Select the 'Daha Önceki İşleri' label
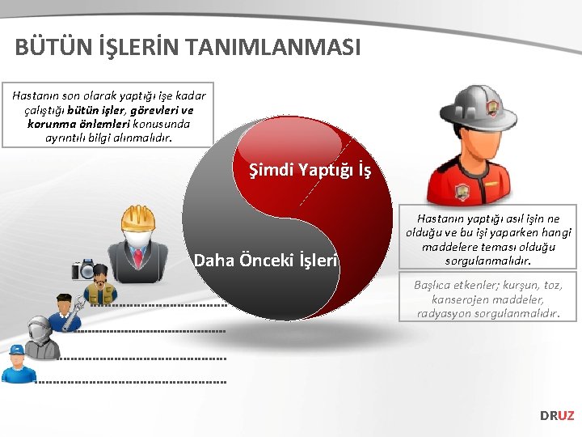point(266,260)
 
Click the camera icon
point(84,269)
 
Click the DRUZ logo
point(557,415)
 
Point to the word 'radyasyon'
point(448,313)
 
